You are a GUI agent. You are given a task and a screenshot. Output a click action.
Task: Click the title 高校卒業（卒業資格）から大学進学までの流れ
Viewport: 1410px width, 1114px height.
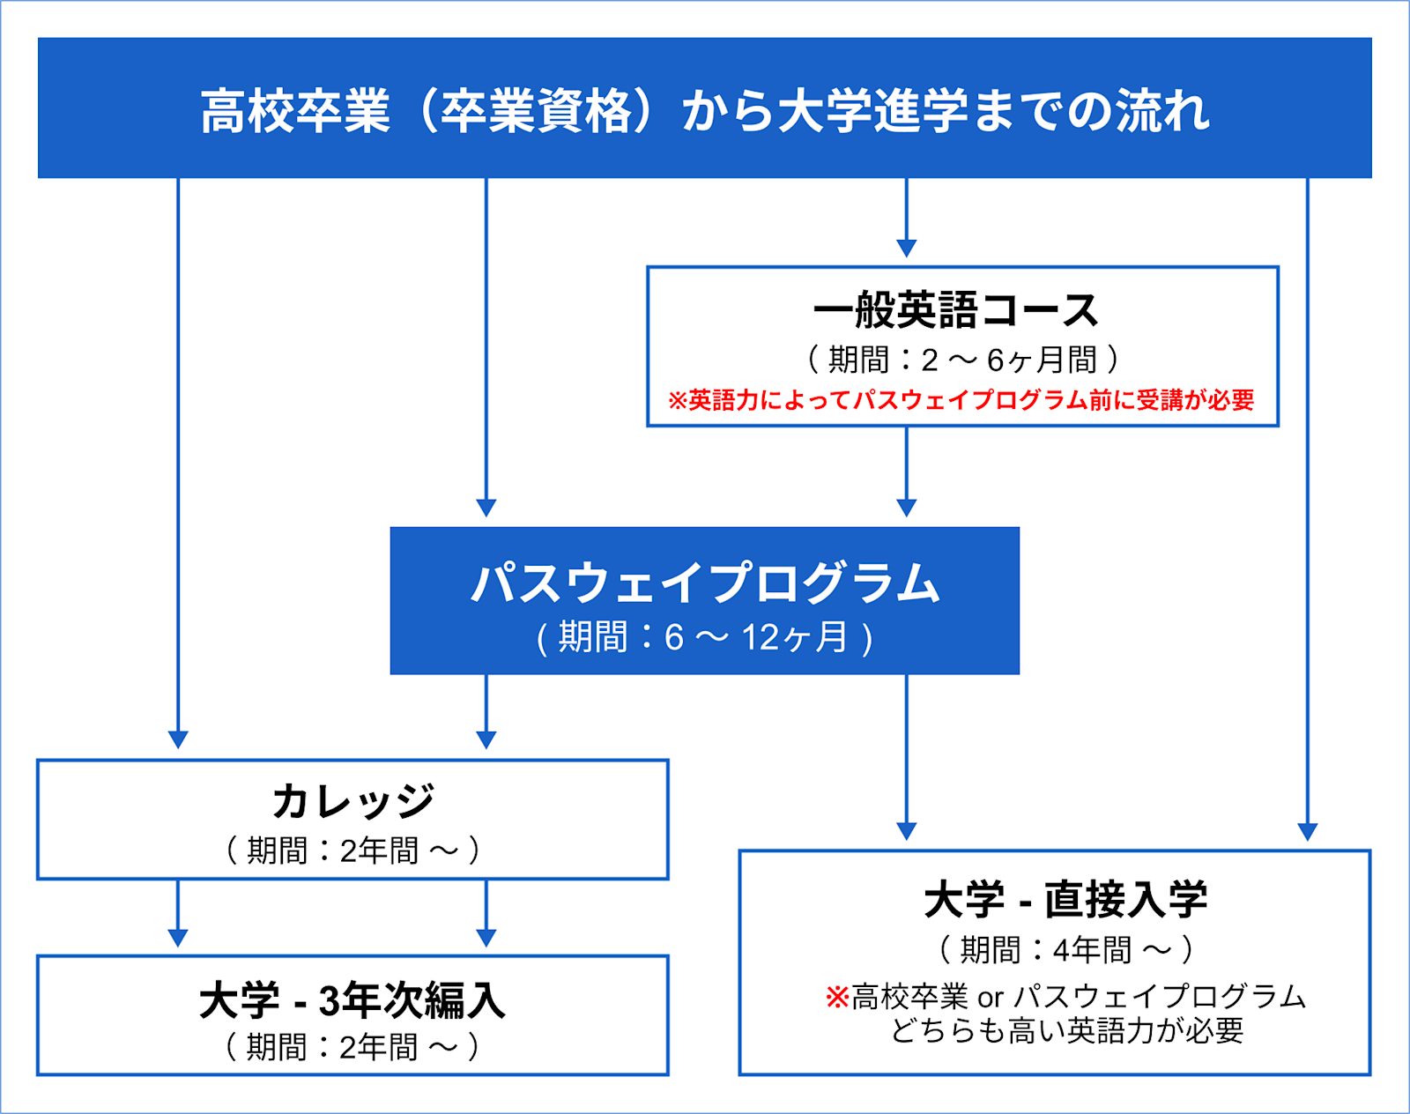(x=705, y=111)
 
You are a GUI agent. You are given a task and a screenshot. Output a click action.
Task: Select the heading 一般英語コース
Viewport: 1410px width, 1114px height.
(x=956, y=310)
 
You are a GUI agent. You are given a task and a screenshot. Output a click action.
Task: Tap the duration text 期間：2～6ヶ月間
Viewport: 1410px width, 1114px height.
(x=962, y=360)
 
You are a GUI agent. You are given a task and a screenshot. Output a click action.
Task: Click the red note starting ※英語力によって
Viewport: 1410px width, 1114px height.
(x=961, y=400)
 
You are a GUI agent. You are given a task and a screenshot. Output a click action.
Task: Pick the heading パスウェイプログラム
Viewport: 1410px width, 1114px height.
(x=705, y=583)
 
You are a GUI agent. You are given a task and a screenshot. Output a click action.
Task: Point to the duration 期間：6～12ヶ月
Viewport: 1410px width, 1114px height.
(x=705, y=637)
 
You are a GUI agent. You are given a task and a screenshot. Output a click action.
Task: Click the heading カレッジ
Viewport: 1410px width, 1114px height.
(x=352, y=800)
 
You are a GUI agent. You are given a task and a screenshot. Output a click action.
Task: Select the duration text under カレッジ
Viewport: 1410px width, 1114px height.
(x=352, y=850)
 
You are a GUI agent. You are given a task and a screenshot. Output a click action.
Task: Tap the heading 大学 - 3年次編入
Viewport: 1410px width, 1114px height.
(x=352, y=1000)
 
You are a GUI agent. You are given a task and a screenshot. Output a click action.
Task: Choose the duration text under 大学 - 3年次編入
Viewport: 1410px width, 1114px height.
(x=352, y=1047)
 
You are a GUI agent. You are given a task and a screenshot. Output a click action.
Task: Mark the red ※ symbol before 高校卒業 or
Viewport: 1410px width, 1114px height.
(x=836, y=998)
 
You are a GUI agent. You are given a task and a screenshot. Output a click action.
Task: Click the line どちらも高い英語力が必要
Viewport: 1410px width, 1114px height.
(x=1066, y=1030)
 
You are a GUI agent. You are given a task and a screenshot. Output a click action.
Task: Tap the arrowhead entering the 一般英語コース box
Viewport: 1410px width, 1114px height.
(x=906, y=248)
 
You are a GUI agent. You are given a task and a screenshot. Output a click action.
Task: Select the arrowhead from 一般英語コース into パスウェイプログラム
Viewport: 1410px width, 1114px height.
(x=906, y=508)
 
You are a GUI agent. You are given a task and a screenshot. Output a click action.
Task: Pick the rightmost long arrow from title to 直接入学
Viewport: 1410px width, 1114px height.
(x=1307, y=502)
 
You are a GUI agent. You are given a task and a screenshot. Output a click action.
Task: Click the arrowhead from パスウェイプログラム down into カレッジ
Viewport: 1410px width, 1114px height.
(x=486, y=739)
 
